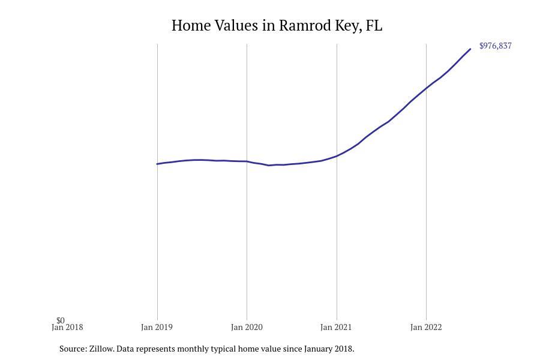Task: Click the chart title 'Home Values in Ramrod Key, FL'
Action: click(277, 26)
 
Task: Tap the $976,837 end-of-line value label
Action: click(495, 46)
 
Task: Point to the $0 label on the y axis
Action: click(61, 320)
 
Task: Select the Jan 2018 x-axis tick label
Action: click(67, 328)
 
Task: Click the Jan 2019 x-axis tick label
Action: click(157, 328)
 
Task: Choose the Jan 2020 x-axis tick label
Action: click(247, 328)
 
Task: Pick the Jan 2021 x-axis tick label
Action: click(336, 328)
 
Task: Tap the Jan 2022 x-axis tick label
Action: click(426, 328)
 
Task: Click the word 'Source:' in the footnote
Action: click(73, 349)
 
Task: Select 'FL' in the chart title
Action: click(374, 26)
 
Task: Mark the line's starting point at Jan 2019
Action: click(157, 164)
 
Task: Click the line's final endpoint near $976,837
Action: click(470, 49)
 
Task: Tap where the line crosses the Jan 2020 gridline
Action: click(247, 161)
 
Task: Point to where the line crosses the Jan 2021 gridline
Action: click(337, 156)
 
